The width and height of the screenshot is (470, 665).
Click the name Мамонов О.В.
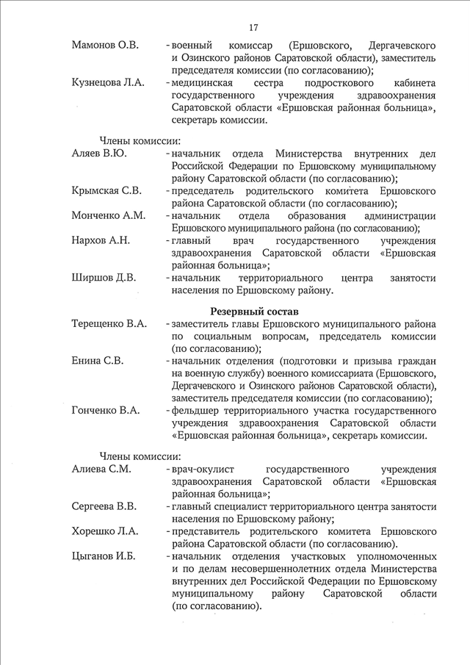[106, 46]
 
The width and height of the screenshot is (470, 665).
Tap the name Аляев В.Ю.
[99, 154]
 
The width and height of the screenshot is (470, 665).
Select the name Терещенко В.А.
[109, 323]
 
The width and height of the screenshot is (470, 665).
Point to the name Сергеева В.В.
[104, 506]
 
